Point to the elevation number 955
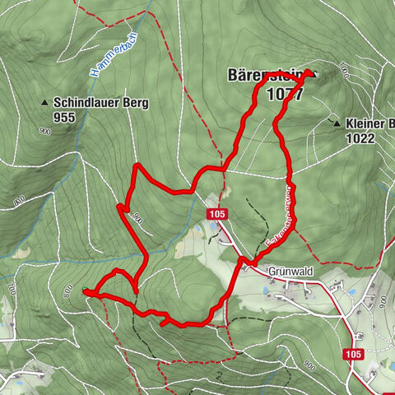click(x=63, y=118)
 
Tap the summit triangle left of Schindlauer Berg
click(x=44, y=103)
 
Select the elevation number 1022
click(x=360, y=139)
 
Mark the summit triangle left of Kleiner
click(x=336, y=123)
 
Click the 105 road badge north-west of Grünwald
click(x=216, y=214)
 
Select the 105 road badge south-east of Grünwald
click(x=353, y=354)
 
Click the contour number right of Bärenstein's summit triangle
click(x=343, y=76)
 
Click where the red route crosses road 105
click(x=242, y=262)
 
